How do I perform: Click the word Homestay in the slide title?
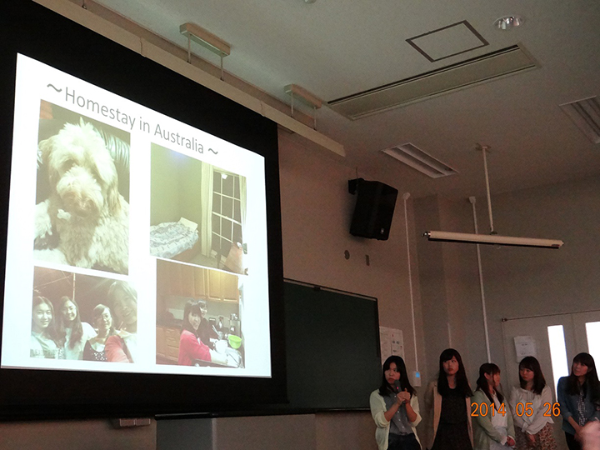tap(100, 107)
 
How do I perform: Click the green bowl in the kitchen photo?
tap(234, 342)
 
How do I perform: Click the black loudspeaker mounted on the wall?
tap(372, 209)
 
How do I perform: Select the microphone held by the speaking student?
tap(397, 387)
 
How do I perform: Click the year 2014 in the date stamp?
tap(488, 409)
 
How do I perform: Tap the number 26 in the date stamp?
tap(552, 409)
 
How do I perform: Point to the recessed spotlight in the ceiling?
tap(508, 22)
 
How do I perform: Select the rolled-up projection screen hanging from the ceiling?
tap(492, 239)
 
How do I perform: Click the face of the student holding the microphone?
tap(393, 374)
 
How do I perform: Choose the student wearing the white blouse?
tap(532, 406)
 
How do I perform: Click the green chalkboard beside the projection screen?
tap(332, 345)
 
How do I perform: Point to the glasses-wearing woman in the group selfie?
tap(101, 332)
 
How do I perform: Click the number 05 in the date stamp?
tap(524, 409)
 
